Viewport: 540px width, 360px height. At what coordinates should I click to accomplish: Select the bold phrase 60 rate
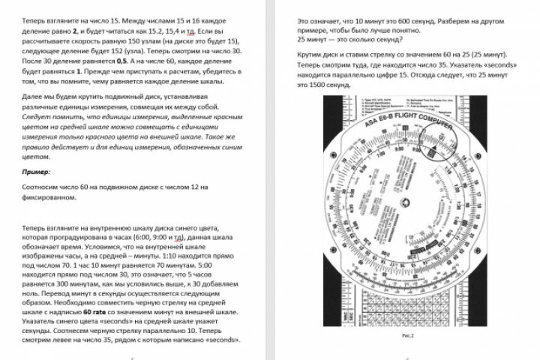click(97, 310)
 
